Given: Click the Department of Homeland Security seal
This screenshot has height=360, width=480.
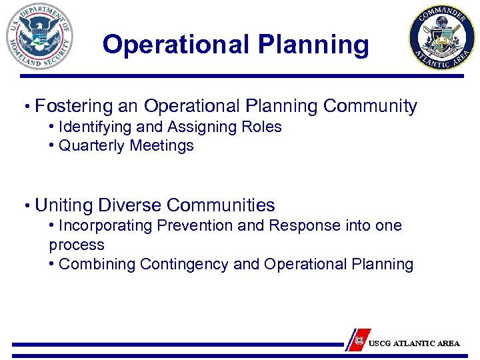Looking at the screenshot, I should (x=39, y=37).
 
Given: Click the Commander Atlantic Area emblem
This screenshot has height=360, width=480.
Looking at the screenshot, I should (x=442, y=38).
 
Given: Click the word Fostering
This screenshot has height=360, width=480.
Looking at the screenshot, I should (x=74, y=106).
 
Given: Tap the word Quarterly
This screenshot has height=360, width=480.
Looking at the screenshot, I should (x=92, y=145).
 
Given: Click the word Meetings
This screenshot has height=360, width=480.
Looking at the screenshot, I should (x=162, y=145).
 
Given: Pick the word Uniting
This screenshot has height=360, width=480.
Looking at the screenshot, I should (x=63, y=205).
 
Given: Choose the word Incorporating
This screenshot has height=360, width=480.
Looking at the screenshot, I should (x=105, y=225).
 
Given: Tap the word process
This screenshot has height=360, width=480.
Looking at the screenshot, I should (x=77, y=245).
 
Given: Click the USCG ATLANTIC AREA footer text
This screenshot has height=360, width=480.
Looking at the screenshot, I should (x=414, y=343).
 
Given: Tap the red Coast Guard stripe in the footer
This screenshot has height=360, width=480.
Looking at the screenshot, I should (x=359, y=339).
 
